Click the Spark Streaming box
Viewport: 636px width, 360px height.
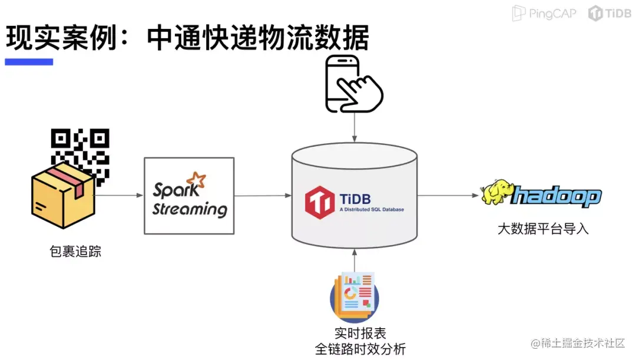[x=189, y=196]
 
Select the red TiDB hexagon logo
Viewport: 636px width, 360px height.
[x=320, y=202]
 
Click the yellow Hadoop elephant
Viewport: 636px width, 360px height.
[x=496, y=192]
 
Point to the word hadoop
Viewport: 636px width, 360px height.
[x=556, y=196]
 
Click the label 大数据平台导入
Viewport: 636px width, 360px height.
[x=543, y=229]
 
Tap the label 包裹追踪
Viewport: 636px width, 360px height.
[x=75, y=252]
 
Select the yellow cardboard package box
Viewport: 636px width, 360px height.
[x=63, y=196]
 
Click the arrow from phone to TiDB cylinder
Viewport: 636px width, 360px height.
[x=355, y=127]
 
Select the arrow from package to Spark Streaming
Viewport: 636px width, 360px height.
[x=119, y=195]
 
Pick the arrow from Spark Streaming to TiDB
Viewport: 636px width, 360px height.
[x=263, y=196]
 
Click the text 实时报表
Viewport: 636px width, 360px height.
[x=360, y=333]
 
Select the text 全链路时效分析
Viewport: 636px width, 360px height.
[x=360, y=349]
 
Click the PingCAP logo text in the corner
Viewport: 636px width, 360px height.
[x=544, y=14]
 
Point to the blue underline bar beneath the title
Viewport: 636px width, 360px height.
[x=29, y=62]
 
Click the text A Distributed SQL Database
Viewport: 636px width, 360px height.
[x=372, y=209]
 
